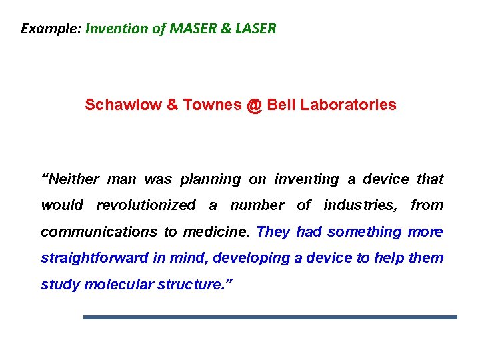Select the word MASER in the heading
tap(196, 29)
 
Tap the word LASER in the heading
tap(256, 29)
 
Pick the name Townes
tap(206, 105)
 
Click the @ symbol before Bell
tap(254, 105)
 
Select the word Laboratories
tap(348, 105)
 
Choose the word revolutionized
tap(146, 205)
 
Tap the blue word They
tap(273, 232)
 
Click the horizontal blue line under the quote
tap(270, 317)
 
